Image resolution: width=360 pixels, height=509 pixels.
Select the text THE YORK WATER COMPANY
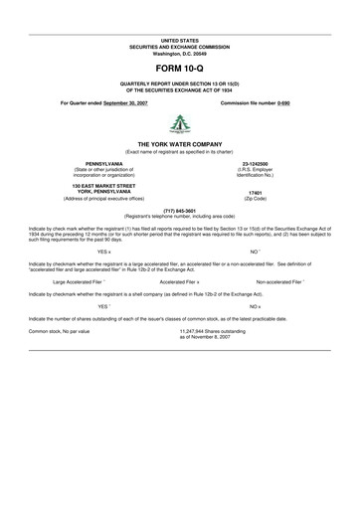coord(180,144)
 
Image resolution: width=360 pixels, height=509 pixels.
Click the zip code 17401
coord(255,192)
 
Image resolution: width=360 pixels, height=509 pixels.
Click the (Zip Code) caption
coord(255,198)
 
